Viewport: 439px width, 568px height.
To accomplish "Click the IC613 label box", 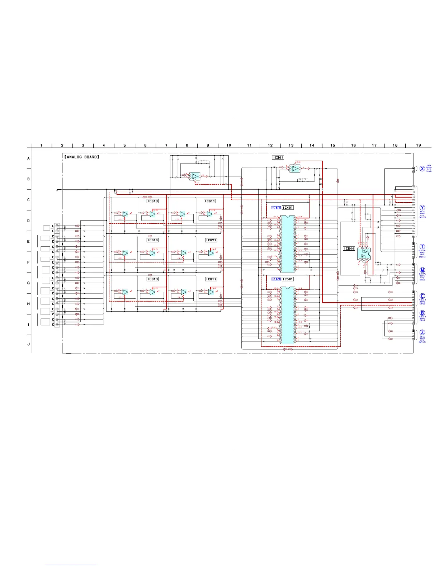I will pyautogui.click(x=152, y=201).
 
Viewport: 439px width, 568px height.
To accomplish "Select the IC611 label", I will pyautogui.click(x=210, y=201).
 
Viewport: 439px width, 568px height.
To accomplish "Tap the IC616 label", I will pyautogui.click(x=152, y=240).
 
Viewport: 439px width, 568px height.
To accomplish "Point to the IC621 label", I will pyautogui.click(x=211, y=240).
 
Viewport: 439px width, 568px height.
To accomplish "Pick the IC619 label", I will pyautogui.click(x=152, y=279).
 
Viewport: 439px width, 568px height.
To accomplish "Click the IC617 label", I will pyautogui.click(x=211, y=279).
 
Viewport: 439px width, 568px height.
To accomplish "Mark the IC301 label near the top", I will pyautogui.click(x=278, y=157).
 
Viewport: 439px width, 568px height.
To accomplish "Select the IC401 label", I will pyautogui.click(x=288, y=208).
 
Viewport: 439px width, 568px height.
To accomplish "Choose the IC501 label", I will pyautogui.click(x=288, y=279).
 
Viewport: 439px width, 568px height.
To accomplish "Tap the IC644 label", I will pyautogui.click(x=349, y=248).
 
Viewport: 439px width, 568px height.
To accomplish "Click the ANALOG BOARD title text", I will pyautogui.click(x=82, y=157).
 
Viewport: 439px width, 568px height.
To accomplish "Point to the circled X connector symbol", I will pyautogui.click(x=422, y=169).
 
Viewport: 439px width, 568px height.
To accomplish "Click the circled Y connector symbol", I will pyautogui.click(x=422, y=208).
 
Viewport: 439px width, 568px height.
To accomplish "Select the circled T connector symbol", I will pyautogui.click(x=422, y=247).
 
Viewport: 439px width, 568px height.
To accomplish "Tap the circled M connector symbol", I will pyautogui.click(x=422, y=270).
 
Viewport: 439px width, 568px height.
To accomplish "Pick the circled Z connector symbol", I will pyautogui.click(x=422, y=332).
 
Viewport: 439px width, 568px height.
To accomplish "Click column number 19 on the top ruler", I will pyautogui.click(x=419, y=145).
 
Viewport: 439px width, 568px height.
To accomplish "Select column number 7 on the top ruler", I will pyautogui.click(x=166, y=145).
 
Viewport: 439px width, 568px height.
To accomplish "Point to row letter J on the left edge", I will pyautogui.click(x=29, y=344).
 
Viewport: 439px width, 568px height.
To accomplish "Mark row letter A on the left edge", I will pyautogui.click(x=29, y=158).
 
